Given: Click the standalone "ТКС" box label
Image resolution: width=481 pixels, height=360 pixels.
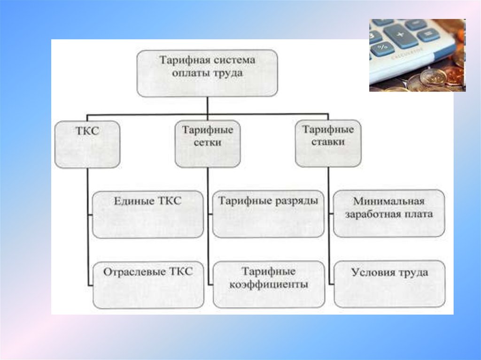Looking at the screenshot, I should (x=87, y=131).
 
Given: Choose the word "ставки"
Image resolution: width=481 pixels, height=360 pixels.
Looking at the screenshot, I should (x=328, y=142).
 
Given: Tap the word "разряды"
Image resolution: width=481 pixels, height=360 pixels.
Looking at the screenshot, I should (x=296, y=201).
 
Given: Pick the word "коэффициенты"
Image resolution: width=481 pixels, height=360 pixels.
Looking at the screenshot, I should (x=268, y=284).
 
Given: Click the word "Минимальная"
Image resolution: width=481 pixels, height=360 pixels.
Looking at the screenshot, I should (x=389, y=202).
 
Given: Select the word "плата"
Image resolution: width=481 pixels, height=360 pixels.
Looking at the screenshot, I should (x=418, y=214).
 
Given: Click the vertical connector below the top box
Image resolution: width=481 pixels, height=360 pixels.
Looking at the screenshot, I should (x=207, y=105).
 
